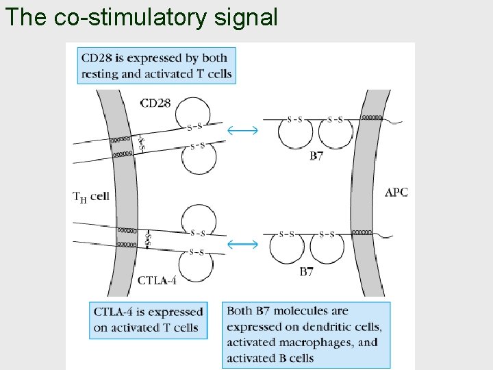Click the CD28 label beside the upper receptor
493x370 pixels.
pyautogui.click(x=155, y=103)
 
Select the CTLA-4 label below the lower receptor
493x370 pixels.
pyautogui.click(x=157, y=280)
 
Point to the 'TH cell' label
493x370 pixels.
pyautogui.click(x=91, y=196)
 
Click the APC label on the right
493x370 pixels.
pyautogui.click(x=396, y=193)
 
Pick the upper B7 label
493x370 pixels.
pyautogui.click(x=316, y=157)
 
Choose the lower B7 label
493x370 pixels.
pyautogui.click(x=307, y=273)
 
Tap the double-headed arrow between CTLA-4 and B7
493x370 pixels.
pyautogui.click(x=242, y=243)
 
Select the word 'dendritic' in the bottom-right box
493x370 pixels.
pyautogui.click(x=329, y=327)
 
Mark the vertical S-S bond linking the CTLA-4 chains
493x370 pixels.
pyautogui.click(x=148, y=238)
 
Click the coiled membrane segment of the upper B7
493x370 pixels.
pyautogui.click(x=372, y=117)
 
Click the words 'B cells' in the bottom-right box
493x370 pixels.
pyautogui.click(x=294, y=357)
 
